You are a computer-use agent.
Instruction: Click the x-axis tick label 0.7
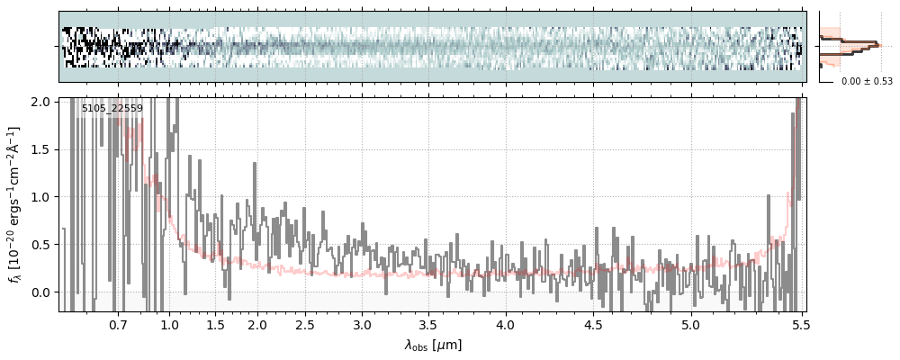pos(118,324)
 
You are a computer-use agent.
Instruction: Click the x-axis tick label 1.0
pos(169,324)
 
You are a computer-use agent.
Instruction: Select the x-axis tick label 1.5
pos(216,324)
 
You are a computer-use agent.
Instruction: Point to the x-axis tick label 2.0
pos(257,324)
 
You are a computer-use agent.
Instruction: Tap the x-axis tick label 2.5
pos(305,324)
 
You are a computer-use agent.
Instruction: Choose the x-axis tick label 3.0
pos(362,324)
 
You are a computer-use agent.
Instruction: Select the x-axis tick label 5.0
pos(690,324)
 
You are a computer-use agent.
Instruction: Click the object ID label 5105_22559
pos(112,109)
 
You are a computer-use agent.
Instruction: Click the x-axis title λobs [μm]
pos(432,345)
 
